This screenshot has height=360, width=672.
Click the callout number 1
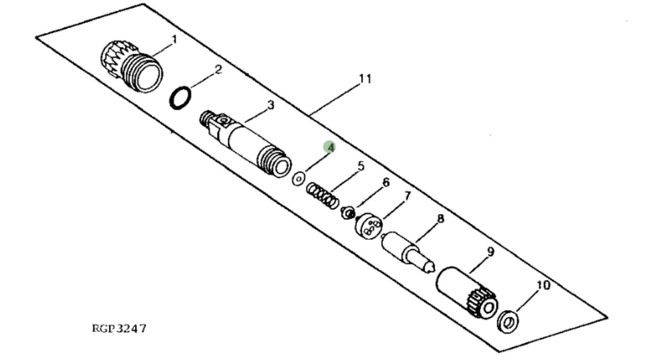[x=174, y=40]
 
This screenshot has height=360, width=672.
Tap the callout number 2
[x=218, y=70]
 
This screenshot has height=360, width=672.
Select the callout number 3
[x=271, y=105]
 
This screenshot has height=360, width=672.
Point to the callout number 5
[x=361, y=166]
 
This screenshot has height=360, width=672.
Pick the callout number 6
[x=386, y=182]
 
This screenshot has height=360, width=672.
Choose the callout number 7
[x=407, y=196]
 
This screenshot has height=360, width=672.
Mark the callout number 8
[x=441, y=218]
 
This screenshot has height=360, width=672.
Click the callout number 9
[x=491, y=252]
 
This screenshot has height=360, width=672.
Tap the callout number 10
[x=543, y=285]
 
